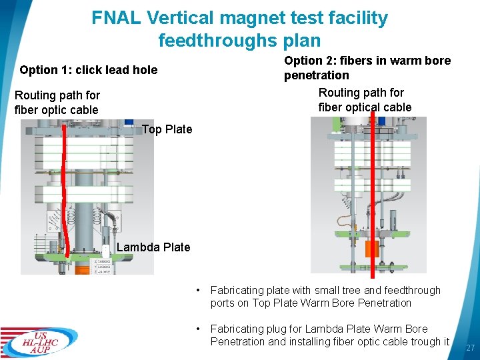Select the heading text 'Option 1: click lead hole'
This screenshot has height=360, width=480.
[89, 70]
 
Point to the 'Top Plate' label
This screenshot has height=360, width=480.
[167, 129]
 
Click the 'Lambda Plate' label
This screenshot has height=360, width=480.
[153, 247]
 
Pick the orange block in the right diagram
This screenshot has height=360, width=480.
[372, 249]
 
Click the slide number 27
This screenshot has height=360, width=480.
[470, 348]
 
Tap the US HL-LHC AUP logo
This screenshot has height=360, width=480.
[39, 341]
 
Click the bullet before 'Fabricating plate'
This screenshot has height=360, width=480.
[197, 291]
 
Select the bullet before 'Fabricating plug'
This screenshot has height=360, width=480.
[197, 329]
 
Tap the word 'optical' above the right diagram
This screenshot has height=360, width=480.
[365, 107]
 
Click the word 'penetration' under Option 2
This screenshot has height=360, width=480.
[317, 75]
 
